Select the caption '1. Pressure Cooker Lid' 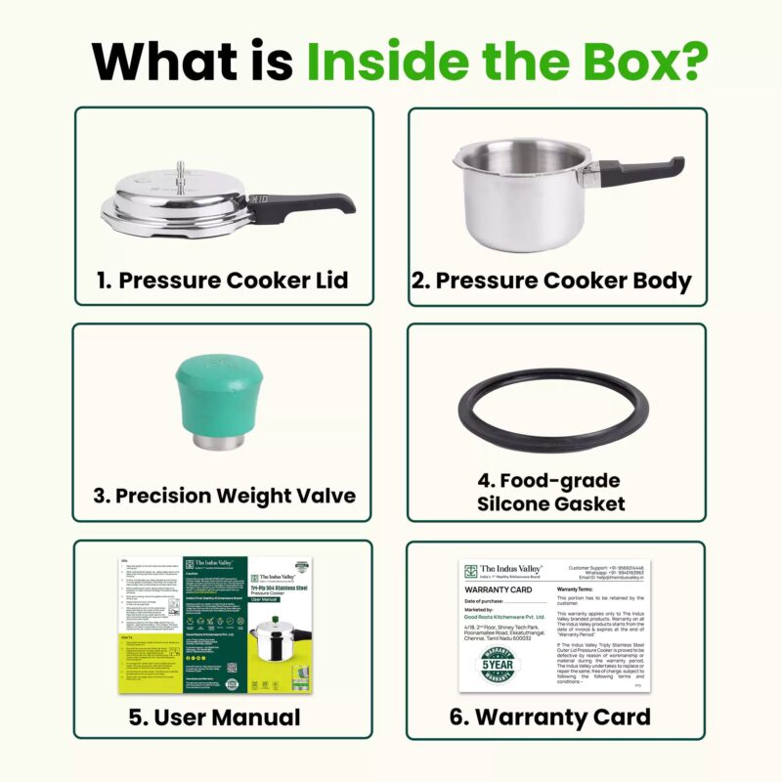coord(223,281)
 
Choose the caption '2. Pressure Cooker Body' coord(551,281)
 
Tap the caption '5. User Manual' coord(215,717)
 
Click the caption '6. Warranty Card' coord(549,717)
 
